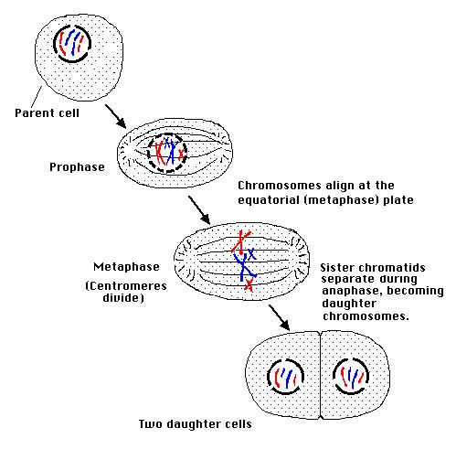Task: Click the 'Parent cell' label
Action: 47,113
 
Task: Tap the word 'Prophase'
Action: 77,167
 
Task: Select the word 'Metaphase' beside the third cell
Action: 126,267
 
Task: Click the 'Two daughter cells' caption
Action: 196,424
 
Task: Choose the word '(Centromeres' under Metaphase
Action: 126,286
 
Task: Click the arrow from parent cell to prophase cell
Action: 115,116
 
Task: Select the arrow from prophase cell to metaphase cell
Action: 199,209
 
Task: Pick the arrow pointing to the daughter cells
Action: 280,317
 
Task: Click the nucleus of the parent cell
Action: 72,44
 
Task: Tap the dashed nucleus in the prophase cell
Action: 166,154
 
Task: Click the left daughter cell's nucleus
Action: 285,377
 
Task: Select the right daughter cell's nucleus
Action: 351,376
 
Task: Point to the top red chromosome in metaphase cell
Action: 241,242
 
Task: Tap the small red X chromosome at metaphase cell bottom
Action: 249,285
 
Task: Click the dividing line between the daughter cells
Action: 320,375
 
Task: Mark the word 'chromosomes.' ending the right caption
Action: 366,316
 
